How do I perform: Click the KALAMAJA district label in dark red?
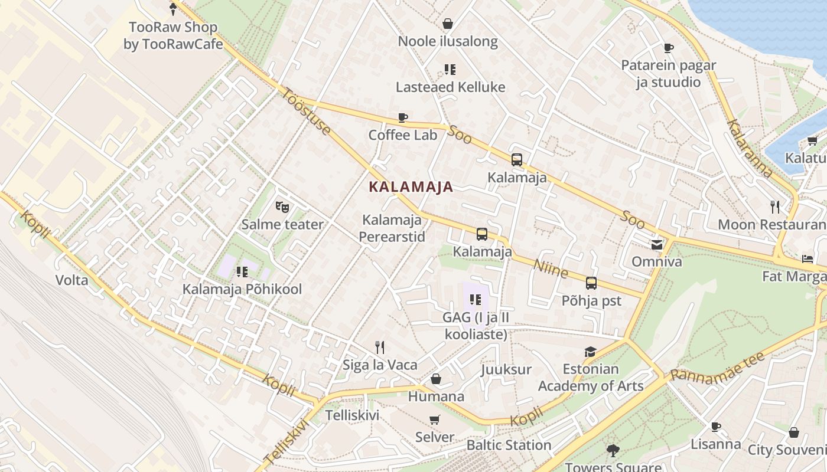click(411, 187)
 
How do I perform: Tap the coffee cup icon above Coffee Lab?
click(403, 117)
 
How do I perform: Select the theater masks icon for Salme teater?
click(282, 207)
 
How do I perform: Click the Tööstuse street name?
click(306, 111)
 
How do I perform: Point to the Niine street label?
click(551, 268)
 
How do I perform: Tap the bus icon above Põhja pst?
click(591, 283)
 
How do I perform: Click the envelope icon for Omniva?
click(657, 244)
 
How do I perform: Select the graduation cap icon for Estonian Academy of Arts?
click(590, 352)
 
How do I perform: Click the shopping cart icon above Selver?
click(435, 419)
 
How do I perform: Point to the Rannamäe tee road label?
click(718, 367)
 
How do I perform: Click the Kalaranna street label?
click(750, 149)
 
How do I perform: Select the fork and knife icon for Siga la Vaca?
click(380, 347)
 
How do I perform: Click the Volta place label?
click(71, 280)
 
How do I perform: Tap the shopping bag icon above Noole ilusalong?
click(448, 24)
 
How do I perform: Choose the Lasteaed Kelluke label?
click(450, 87)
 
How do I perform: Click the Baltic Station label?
click(509, 445)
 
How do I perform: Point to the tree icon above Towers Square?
click(613, 451)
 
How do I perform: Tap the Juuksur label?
click(506, 369)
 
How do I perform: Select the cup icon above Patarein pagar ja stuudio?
click(669, 48)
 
